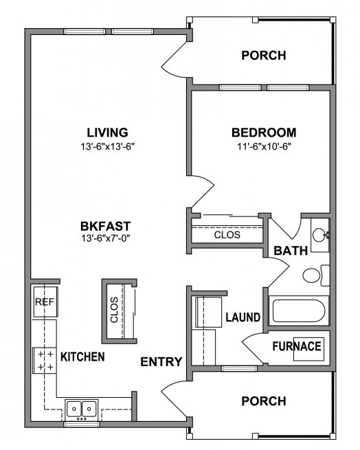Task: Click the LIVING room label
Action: [x=108, y=132]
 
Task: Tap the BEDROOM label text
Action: [x=263, y=132]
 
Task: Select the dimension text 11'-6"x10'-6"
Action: [x=263, y=146]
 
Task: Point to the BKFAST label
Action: [x=105, y=225]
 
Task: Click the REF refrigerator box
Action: [x=44, y=302]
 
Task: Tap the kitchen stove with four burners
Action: [x=44, y=360]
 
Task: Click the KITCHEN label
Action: [x=82, y=357]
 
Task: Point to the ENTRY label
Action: [x=161, y=362]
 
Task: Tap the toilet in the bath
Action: [x=313, y=275]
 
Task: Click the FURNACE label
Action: [x=297, y=346]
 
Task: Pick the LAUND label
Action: [x=243, y=317]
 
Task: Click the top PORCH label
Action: [x=263, y=56]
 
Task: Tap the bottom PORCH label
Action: [x=263, y=401]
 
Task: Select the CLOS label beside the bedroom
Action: [x=227, y=234]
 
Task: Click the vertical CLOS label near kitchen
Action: [x=114, y=310]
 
